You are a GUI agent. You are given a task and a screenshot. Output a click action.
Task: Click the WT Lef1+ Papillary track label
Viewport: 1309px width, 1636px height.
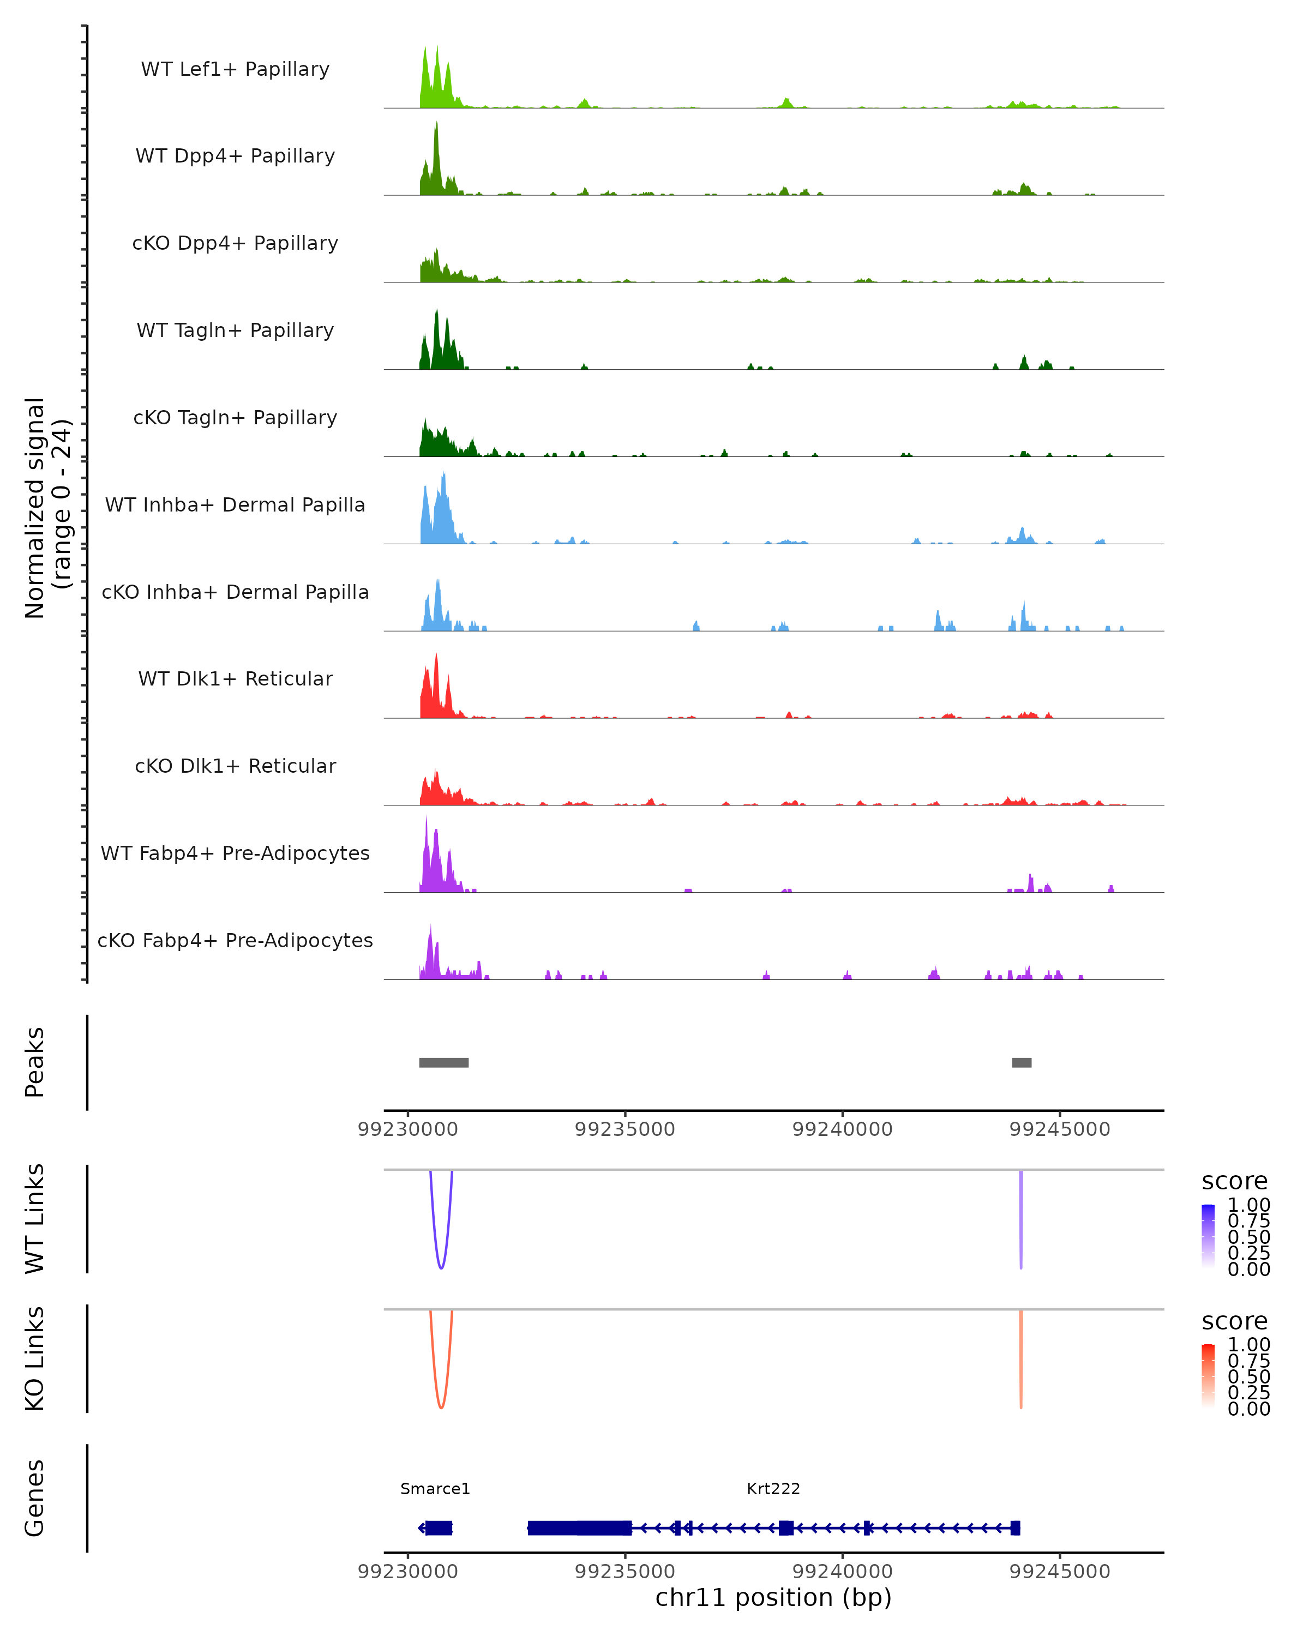[235, 70]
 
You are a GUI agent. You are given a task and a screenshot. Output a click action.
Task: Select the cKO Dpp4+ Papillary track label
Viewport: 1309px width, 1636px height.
[235, 244]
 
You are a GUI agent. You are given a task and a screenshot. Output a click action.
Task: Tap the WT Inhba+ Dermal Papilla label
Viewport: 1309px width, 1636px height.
[235, 506]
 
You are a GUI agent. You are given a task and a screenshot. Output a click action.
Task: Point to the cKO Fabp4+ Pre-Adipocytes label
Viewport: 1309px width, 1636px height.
[235, 941]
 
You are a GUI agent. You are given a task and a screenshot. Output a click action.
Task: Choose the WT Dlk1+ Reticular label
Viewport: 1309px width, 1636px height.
[235, 679]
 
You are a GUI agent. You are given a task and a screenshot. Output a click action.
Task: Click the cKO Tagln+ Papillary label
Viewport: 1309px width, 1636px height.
[235, 418]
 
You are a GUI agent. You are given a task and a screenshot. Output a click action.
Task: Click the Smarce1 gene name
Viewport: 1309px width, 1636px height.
[435, 1489]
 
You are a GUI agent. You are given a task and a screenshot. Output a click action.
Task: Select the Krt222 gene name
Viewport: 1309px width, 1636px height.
[773, 1489]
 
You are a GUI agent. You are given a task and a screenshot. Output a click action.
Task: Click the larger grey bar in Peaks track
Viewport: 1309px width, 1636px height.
[444, 1062]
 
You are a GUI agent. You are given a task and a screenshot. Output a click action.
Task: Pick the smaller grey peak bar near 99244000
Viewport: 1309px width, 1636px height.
[1022, 1062]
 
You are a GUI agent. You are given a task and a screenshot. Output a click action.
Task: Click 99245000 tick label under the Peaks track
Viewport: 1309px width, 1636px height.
[1059, 1129]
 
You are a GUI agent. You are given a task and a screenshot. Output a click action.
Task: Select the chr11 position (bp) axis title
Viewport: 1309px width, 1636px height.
[773, 1598]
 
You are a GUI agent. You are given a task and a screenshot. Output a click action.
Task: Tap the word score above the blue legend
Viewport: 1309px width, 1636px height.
[1235, 1182]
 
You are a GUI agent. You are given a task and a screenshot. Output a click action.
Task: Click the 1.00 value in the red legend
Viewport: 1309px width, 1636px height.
[1248, 1345]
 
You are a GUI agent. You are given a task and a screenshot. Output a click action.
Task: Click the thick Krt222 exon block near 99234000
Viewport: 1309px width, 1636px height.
[580, 1528]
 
